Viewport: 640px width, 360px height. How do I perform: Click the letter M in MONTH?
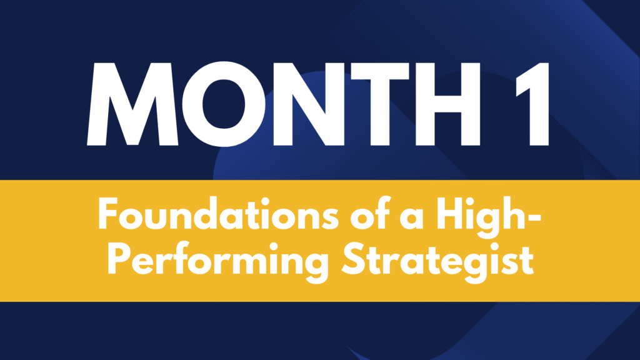tap(132, 104)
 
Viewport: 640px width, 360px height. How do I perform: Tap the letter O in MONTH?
tap(224, 104)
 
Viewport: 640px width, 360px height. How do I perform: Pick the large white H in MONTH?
tap(448, 104)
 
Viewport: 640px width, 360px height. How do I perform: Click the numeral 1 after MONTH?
tap(533, 104)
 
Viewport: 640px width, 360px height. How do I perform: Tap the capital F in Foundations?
tap(108, 214)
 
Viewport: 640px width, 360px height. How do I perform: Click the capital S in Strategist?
tap(353, 259)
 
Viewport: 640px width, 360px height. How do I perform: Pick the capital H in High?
tap(449, 214)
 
